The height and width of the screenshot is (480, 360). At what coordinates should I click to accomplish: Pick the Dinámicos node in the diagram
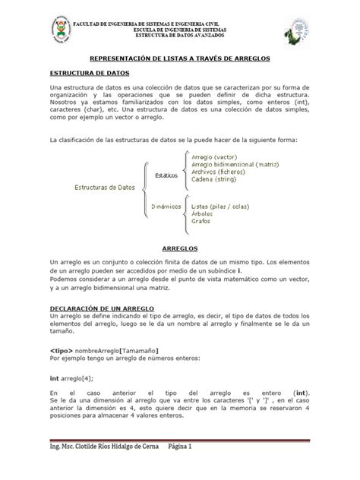[166, 205]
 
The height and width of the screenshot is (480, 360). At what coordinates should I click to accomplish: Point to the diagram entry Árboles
[204, 214]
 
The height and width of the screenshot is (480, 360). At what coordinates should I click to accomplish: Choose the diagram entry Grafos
[201, 223]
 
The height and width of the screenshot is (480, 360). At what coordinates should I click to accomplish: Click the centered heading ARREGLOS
[180, 248]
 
